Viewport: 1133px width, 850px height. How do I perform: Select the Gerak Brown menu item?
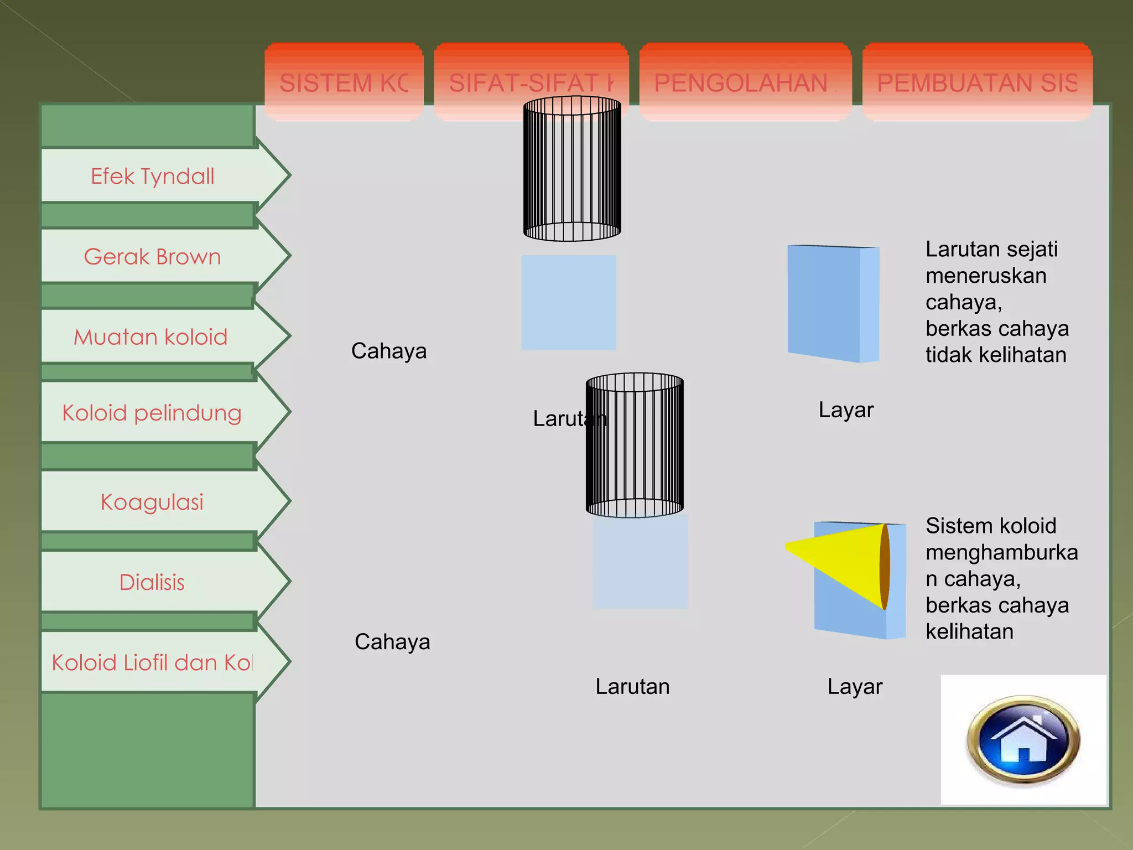point(153,256)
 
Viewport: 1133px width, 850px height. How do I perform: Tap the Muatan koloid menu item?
point(151,336)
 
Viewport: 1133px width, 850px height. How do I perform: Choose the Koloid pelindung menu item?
point(152,413)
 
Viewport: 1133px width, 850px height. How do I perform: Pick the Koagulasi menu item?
point(152,502)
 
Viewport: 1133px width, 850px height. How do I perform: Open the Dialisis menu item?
point(152,582)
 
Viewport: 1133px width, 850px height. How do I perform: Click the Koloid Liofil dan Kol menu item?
point(152,662)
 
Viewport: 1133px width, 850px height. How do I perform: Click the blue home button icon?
point(1023,740)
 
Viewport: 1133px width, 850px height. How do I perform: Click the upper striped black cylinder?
point(572,169)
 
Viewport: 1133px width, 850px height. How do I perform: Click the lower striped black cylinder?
point(635,445)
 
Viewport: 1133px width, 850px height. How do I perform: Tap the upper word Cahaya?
point(389,351)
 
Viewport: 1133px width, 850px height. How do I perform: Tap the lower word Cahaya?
point(392,641)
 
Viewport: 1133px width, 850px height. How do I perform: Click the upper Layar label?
point(846,410)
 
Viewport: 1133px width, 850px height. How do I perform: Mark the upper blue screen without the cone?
point(833,303)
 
